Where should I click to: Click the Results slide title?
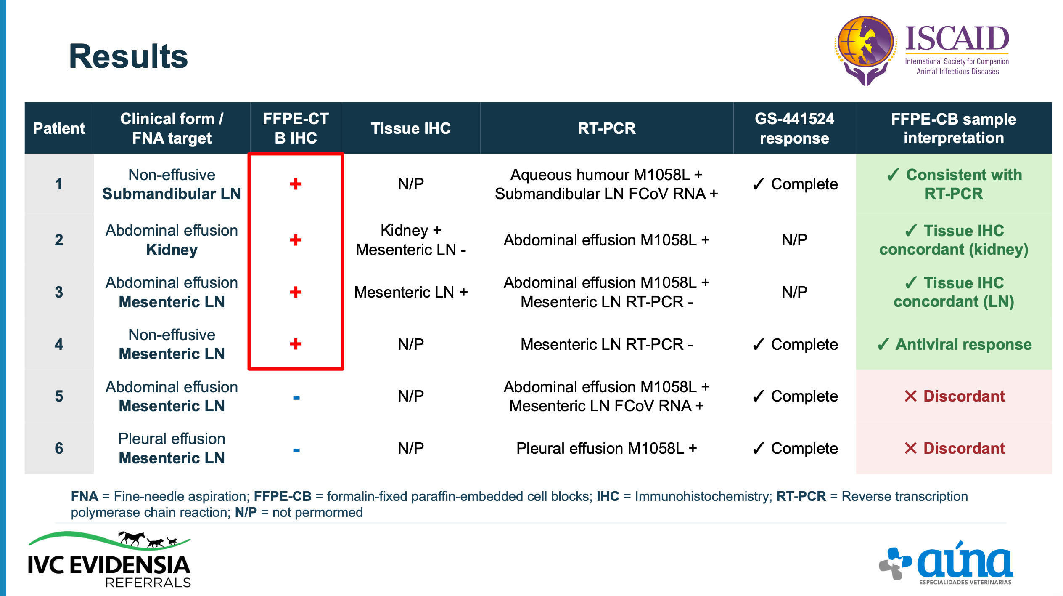coord(128,56)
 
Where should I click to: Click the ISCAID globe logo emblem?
coord(865,50)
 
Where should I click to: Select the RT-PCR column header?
coord(606,128)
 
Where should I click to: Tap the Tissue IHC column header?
coord(410,128)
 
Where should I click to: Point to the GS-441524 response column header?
coord(794,128)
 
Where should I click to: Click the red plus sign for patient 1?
coord(296,184)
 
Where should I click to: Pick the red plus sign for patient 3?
coord(296,292)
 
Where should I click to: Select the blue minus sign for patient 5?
coord(296,398)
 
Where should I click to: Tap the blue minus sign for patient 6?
coord(296,450)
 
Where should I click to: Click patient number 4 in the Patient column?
coord(59,344)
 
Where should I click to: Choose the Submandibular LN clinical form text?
coord(172,194)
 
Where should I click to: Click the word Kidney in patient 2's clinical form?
coord(172,250)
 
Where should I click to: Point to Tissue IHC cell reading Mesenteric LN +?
coord(411,292)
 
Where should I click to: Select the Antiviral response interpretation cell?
coord(954,344)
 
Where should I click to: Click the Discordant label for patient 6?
coord(955,448)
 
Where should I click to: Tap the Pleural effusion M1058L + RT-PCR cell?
coord(606,448)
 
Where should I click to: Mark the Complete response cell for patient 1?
coord(795,184)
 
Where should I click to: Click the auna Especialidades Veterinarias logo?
coord(946,563)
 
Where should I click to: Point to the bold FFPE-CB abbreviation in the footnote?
coord(283,496)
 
